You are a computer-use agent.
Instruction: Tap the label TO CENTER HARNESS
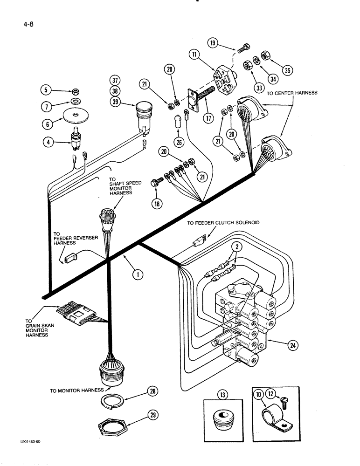[292, 93]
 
